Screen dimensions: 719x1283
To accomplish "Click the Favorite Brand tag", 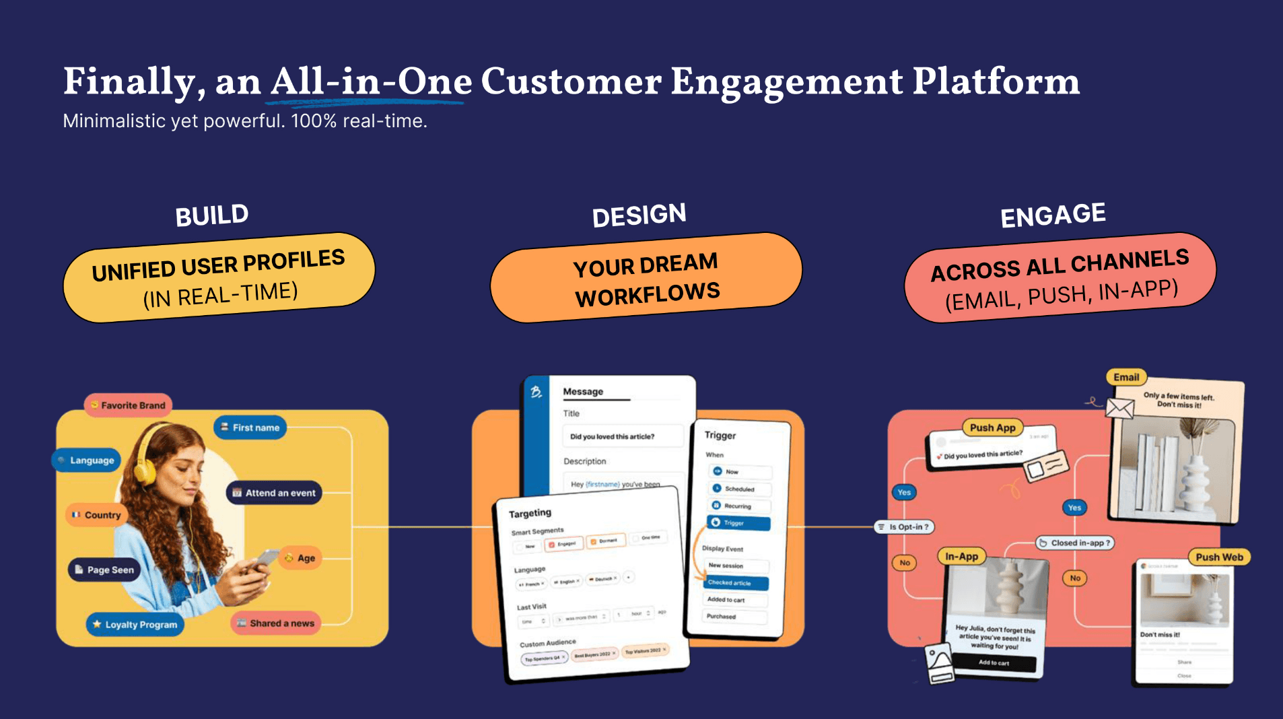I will point(128,405).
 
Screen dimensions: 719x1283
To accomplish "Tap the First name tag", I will point(250,427).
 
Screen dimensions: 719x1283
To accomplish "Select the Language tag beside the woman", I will point(86,460).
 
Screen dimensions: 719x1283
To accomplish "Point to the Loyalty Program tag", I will point(135,624).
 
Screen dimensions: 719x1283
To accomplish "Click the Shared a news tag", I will point(275,623).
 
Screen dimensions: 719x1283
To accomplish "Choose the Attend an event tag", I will point(274,493).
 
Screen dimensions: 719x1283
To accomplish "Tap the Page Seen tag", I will point(104,570).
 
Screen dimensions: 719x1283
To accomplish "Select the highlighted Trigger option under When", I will point(738,523).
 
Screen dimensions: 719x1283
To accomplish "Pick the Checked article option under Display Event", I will point(736,583).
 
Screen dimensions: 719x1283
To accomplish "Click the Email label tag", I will point(1126,378).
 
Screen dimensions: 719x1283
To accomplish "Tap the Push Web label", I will point(1219,557).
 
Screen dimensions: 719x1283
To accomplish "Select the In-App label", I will point(961,557).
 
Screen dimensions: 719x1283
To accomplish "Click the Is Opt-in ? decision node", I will point(904,527).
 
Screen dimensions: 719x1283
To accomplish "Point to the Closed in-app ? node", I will point(1074,543).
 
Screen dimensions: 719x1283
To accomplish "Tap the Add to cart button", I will point(994,663).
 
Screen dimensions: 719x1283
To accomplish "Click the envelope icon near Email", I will point(1119,408).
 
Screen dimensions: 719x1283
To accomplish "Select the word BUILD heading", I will point(212,216).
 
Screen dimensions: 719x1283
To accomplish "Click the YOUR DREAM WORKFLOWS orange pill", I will point(646,278).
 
